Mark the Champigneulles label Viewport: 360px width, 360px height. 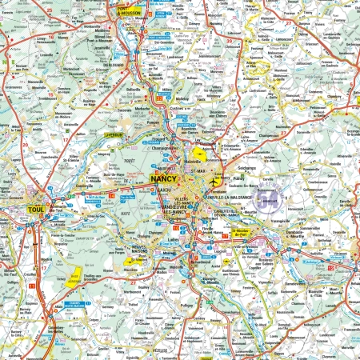(166, 149)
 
